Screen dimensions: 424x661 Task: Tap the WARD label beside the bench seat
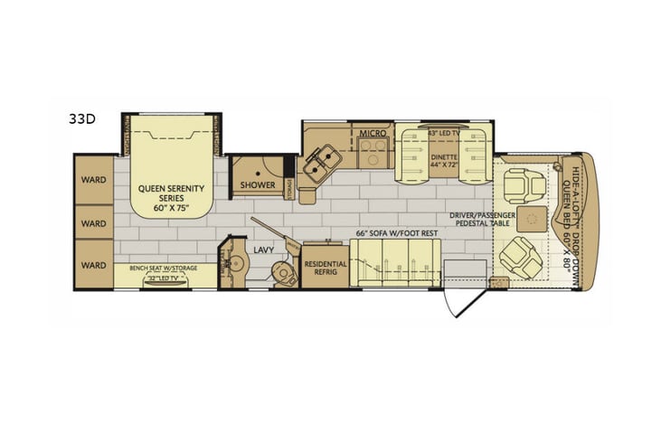point(93,266)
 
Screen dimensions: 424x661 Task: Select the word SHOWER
point(257,185)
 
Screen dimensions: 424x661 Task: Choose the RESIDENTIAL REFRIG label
point(325,269)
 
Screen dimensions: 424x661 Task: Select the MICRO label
point(373,133)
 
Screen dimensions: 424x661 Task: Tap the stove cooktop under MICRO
point(373,154)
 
